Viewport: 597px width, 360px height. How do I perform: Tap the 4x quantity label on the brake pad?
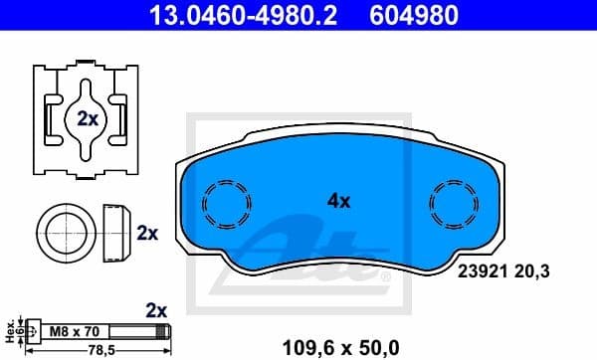(x=339, y=201)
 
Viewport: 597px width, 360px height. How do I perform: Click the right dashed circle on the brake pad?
(x=454, y=207)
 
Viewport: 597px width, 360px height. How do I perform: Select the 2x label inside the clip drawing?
(x=88, y=117)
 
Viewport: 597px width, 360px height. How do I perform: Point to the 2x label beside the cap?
(x=147, y=234)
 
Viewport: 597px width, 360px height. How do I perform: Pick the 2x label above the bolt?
(x=155, y=309)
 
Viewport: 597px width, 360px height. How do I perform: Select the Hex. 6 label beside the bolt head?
(x=10, y=330)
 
